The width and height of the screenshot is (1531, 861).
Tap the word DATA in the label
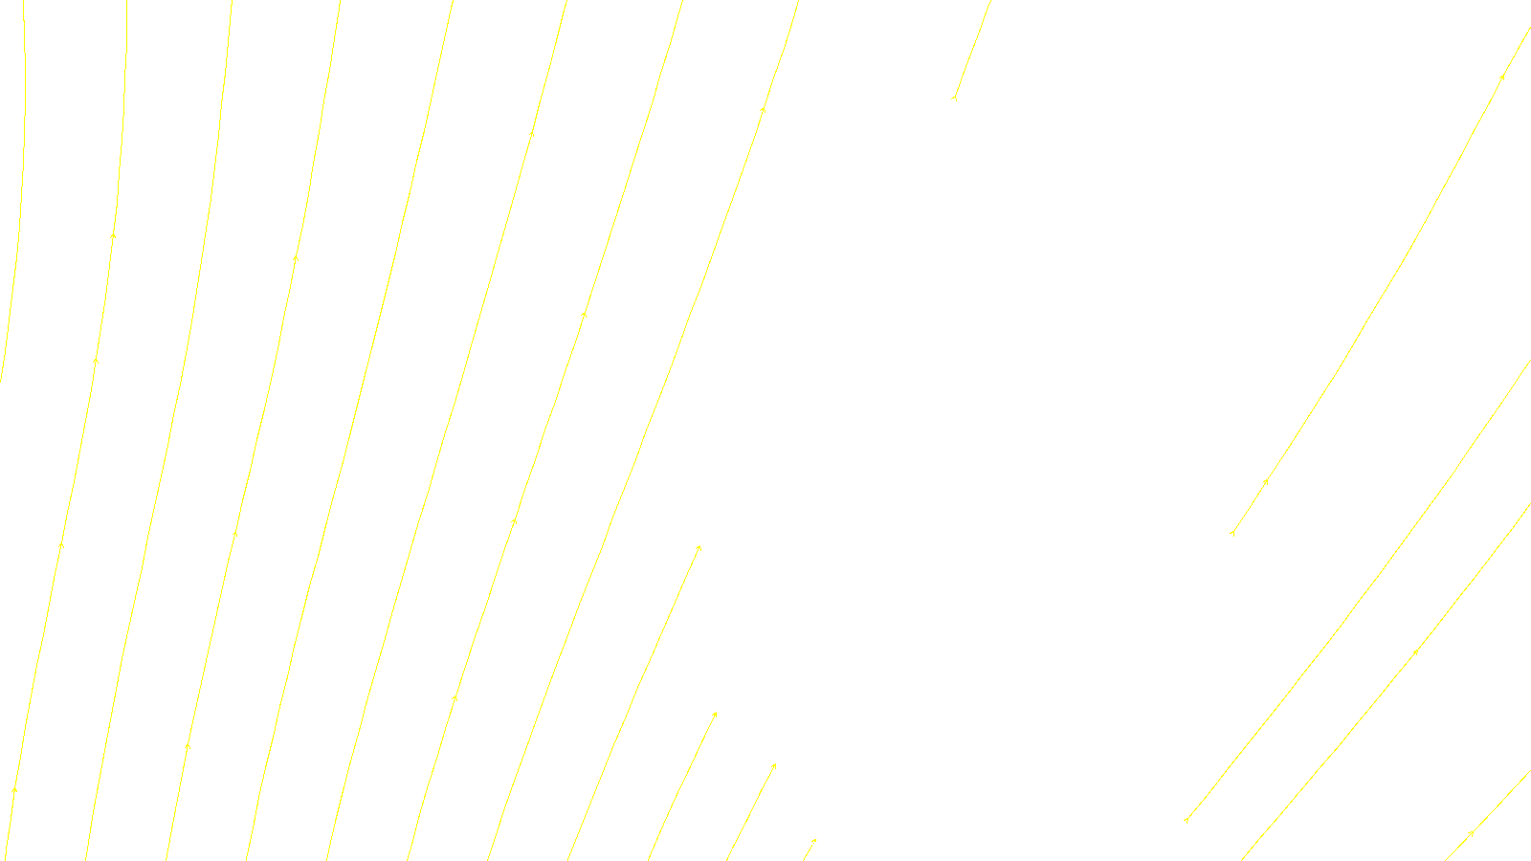pos(809,846)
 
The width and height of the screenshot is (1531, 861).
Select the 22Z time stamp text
pos(724,846)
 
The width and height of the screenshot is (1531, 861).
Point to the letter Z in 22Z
pos(732,846)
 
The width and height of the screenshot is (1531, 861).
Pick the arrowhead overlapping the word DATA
pos(813,841)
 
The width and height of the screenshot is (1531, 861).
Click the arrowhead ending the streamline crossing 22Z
pos(774,765)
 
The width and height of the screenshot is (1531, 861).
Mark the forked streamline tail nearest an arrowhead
pos(1231,533)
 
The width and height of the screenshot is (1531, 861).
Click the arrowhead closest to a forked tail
pos(1266,481)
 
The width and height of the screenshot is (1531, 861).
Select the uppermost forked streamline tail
pos(954,98)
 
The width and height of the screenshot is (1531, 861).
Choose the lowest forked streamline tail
pos(1186,820)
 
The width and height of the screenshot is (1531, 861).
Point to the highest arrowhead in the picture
pos(1502,77)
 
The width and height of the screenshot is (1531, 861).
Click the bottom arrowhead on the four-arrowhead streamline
pos(14,789)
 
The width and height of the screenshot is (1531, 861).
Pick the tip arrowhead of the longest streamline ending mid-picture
pos(699,547)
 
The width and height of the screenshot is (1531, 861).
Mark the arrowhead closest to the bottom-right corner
pos(1471,833)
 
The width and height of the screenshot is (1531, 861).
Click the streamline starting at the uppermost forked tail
pos(971,53)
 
